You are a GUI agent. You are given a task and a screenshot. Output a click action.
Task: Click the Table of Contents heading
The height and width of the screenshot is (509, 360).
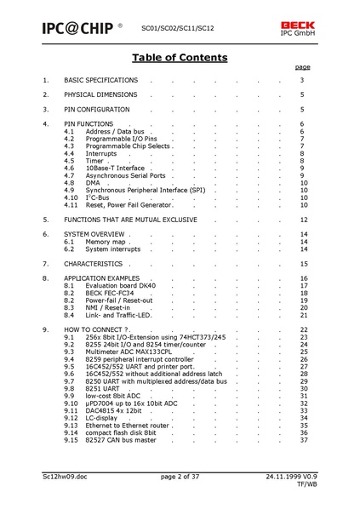pos(180,58)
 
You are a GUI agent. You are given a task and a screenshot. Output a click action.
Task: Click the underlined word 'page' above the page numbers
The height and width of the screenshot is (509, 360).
pos(302,66)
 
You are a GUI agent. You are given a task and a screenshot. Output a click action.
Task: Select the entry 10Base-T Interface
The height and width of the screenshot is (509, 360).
pos(115,168)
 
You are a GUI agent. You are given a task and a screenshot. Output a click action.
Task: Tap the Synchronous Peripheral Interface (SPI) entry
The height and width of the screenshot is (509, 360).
pos(146,190)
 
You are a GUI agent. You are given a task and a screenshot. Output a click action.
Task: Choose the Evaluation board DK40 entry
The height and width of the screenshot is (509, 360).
pos(121,285)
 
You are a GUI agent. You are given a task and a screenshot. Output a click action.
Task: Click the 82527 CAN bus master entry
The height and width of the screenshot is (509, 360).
pos(121,440)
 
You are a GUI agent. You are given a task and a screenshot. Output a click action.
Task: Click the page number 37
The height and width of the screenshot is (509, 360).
pos(303,440)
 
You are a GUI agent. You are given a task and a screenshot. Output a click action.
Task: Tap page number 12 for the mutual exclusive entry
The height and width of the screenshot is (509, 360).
pos(303,219)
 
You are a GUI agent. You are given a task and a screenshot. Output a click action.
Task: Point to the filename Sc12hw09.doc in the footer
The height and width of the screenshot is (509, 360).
pos(67,477)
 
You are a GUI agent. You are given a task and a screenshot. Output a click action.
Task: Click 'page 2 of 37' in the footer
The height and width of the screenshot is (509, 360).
pos(180,477)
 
